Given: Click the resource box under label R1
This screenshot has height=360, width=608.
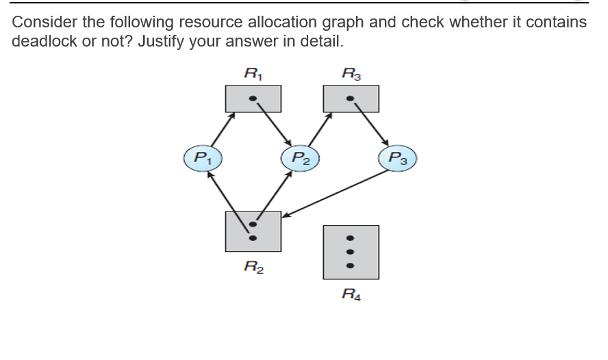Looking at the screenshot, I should coord(253,99).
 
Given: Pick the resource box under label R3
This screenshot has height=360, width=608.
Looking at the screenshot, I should coord(351,99).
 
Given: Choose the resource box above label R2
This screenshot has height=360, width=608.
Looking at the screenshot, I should coord(253,231).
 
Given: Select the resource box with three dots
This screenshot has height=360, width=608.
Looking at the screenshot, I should coord(351,252).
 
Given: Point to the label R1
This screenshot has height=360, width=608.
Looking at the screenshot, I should coord(253,70).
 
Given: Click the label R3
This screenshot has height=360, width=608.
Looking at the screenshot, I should coord(351,70).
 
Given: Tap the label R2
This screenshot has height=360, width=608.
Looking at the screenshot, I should coord(253,268).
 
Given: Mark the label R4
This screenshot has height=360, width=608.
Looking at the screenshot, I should coord(351,296).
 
